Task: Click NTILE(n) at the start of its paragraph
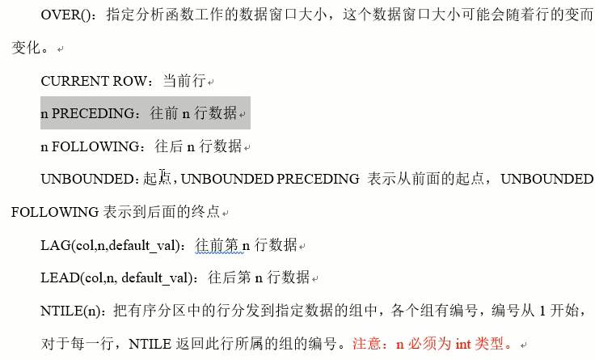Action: (x=70, y=311)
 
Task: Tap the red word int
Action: (x=463, y=344)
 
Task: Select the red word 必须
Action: (x=424, y=344)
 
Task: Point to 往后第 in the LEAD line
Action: (x=230, y=277)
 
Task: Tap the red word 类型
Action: (x=492, y=344)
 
